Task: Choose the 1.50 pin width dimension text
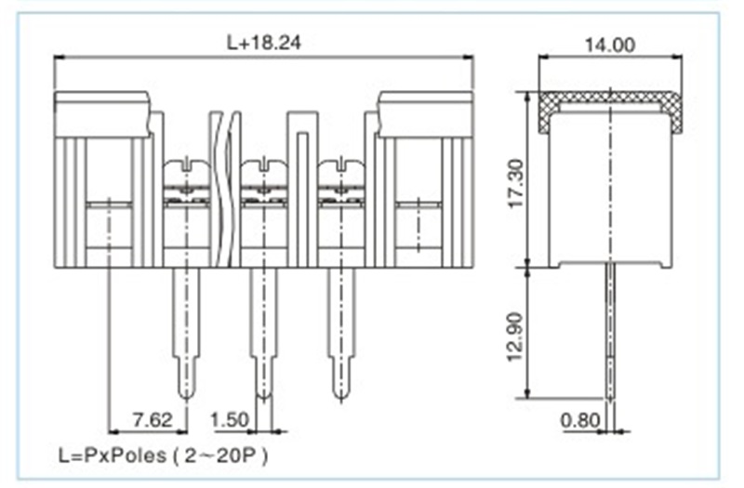[229, 419]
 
